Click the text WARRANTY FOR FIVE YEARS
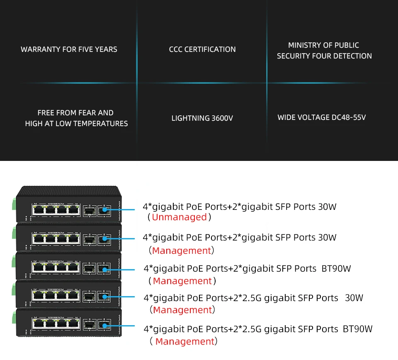coord(69,49)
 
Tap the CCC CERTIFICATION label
coord(202,49)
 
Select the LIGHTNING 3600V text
coord(202,118)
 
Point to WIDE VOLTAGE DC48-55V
coord(322,117)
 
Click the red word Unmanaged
coord(179,217)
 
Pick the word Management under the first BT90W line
coord(182,281)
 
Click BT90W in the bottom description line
coord(357,329)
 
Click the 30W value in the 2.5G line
coord(354,298)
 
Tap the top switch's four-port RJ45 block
coord(56,210)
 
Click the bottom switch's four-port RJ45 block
coord(56,324)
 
